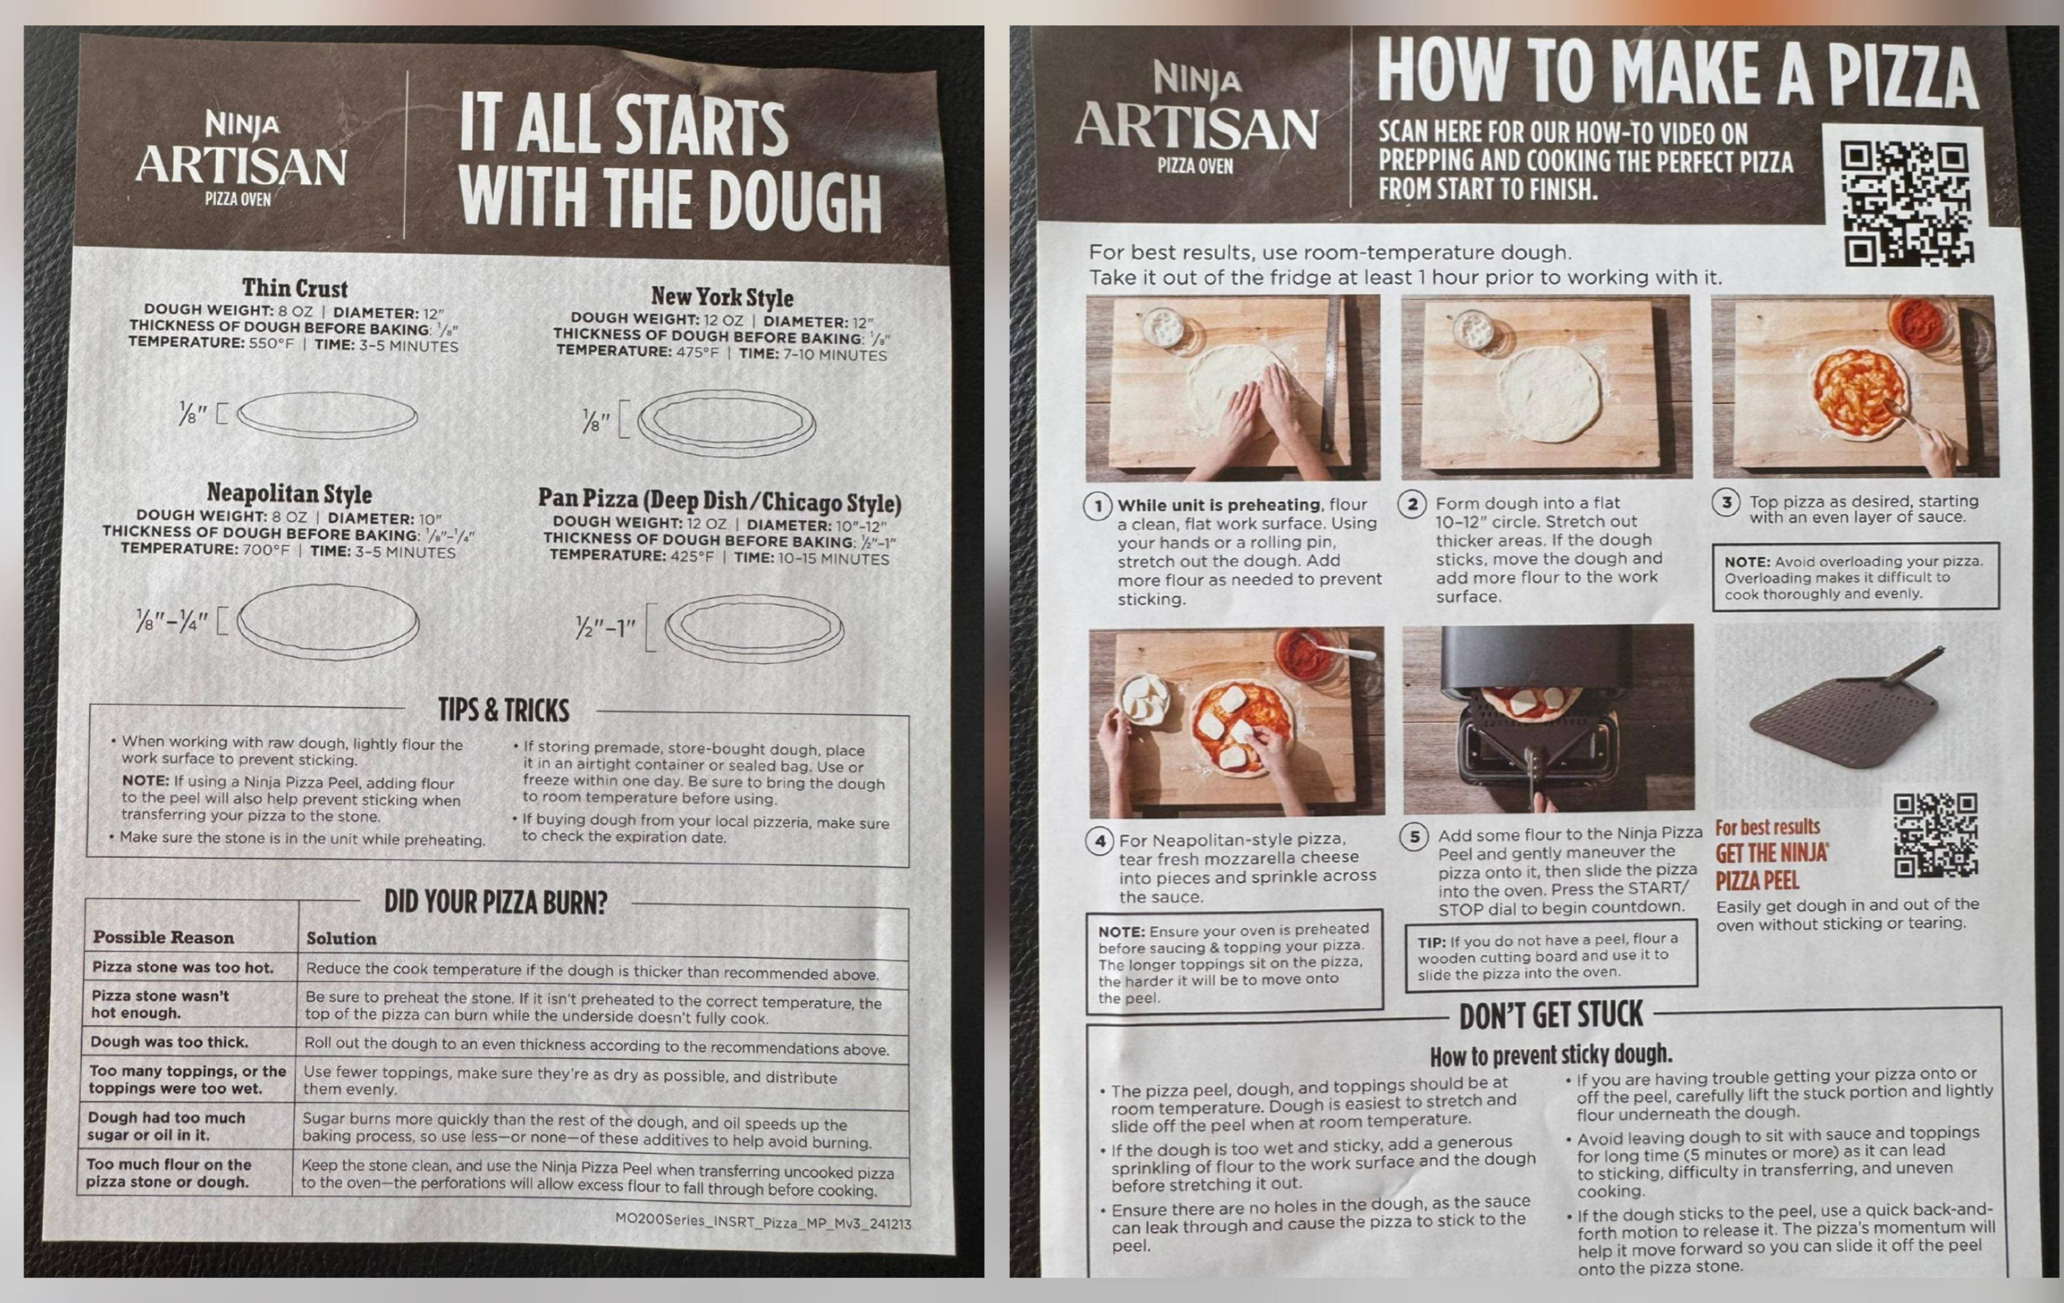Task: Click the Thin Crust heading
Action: tap(295, 288)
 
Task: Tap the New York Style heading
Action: tap(722, 297)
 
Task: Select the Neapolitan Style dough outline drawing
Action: tap(328, 621)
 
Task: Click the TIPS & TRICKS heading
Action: tap(503, 710)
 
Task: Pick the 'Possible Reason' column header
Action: tap(163, 937)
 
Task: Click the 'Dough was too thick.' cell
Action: tap(169, 1042)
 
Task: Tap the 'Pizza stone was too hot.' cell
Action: tap(183, 967)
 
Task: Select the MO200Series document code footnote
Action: tap(763, 1222)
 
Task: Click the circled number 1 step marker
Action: tap(1098, 506)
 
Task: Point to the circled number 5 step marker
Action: tap(1414, 837)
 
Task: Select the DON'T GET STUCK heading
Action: tap(1551, 1016)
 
